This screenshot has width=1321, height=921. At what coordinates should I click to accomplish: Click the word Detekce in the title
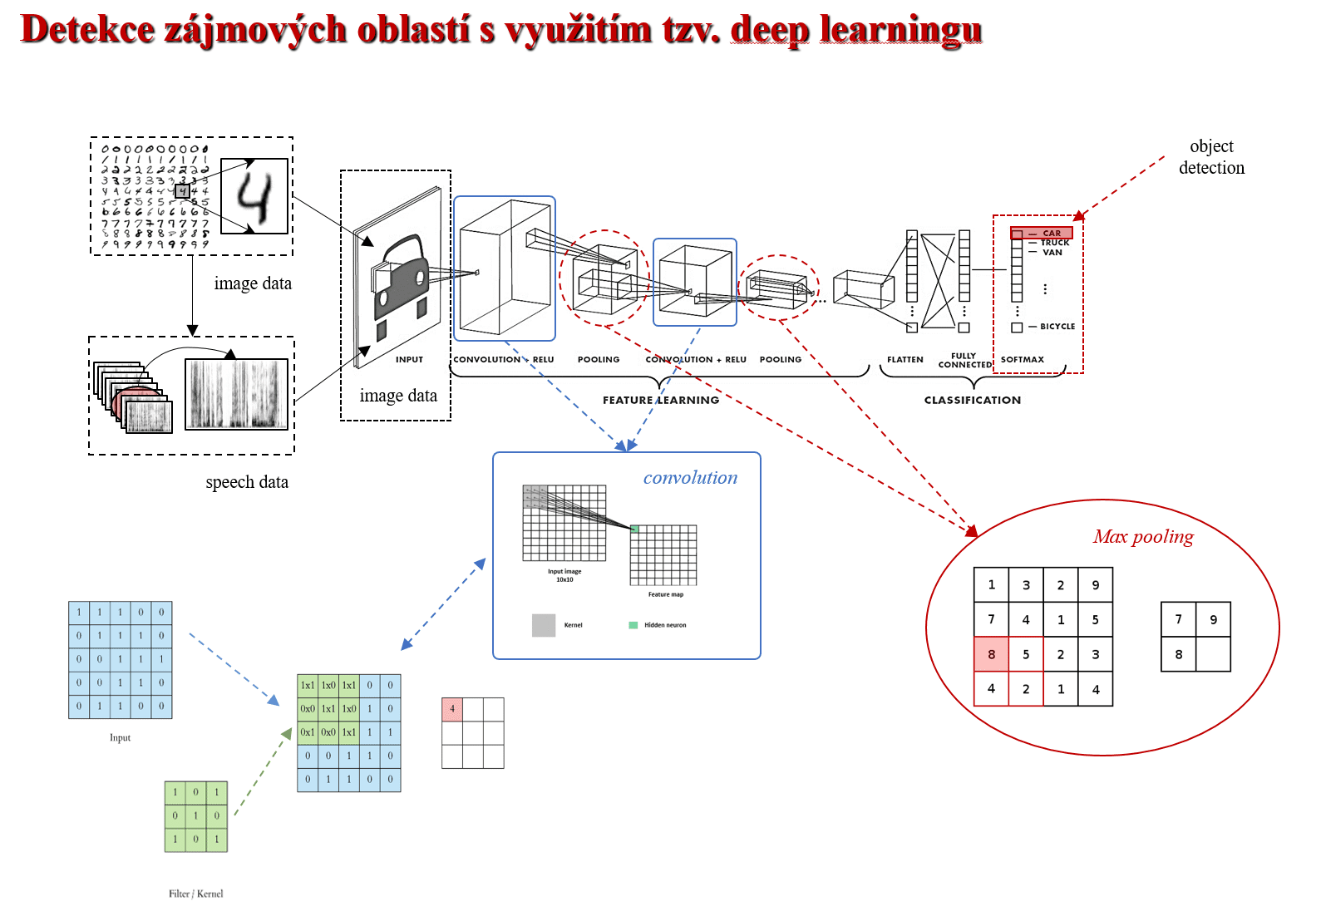click(x=87, y=30)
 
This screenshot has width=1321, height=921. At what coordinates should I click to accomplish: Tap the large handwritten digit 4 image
click(x=254, y=196)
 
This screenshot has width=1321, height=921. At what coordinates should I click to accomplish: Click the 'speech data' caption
click(x=247, y=482)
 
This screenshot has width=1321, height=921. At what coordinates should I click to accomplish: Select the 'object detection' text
click(x=1211, y=157)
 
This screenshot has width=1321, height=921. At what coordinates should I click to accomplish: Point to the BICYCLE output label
click(x=1057, y=327)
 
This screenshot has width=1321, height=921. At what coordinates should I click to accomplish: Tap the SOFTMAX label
click(x=1022, y=360)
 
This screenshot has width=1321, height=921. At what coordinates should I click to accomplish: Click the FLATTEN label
click(x=904, y=360)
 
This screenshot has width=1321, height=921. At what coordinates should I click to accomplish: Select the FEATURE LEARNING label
click(x=661, y=400)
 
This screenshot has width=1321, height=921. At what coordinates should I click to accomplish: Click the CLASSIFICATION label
click(x=973, y=400)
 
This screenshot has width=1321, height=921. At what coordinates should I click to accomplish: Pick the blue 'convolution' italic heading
click(x=690, y=478)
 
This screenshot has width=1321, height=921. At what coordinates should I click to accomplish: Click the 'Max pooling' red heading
click(x=1143, y=537)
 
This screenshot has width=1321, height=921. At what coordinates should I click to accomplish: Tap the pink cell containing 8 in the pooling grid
click(x=991, y=654)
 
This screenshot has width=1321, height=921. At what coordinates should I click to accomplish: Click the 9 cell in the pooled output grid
click(x=1213, y=619)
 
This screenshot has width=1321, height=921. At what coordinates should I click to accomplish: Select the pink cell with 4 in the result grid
click(x=452, y=709)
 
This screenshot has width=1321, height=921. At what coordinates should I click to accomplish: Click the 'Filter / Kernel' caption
click(x=195, y=894)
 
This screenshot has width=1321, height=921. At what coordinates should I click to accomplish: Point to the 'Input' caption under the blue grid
click(x=120, y=737)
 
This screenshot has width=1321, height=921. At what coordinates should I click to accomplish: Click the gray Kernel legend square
click(x=544, y=625)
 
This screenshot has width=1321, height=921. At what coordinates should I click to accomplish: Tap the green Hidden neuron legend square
click(x=633, y=625)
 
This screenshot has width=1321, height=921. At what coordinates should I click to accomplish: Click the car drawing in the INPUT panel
click(x=401, y=278)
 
